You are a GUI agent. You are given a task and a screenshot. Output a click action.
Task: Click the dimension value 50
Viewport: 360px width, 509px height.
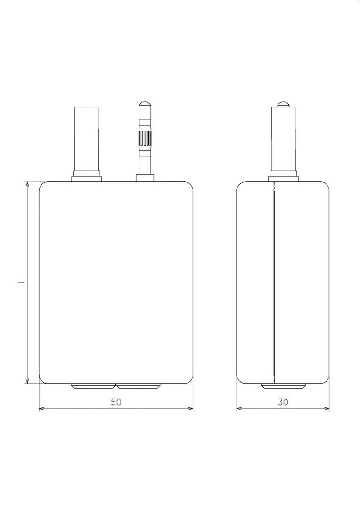(116, 402)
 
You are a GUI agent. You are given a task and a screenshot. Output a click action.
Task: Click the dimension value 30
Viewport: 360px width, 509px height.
(283, 402)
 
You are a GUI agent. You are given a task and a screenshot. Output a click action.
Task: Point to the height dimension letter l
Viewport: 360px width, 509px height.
(20, 283)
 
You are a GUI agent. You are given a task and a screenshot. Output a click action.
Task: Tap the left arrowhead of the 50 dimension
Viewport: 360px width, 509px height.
(41, 408)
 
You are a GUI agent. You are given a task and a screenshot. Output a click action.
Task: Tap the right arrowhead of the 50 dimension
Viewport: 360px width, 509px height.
(190, 408)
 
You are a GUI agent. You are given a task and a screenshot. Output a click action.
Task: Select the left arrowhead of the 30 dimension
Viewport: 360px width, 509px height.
(239, 408)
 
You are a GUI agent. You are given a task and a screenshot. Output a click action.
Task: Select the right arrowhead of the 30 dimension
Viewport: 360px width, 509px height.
(327, 408)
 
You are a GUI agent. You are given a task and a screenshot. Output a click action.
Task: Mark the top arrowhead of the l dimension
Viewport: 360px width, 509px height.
(28, 184)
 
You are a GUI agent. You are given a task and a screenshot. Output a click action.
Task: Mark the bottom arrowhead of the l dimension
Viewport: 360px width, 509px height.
(28, 380)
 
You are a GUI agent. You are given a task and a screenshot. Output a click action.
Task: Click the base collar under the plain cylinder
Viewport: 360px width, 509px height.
(87, 178)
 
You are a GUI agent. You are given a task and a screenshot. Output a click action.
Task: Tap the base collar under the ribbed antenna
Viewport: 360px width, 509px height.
(145, 178)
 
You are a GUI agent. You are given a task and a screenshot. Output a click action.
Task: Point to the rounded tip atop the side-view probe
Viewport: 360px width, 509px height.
(283, 104)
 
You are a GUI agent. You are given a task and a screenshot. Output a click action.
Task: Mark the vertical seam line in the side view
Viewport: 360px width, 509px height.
(274, 283)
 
